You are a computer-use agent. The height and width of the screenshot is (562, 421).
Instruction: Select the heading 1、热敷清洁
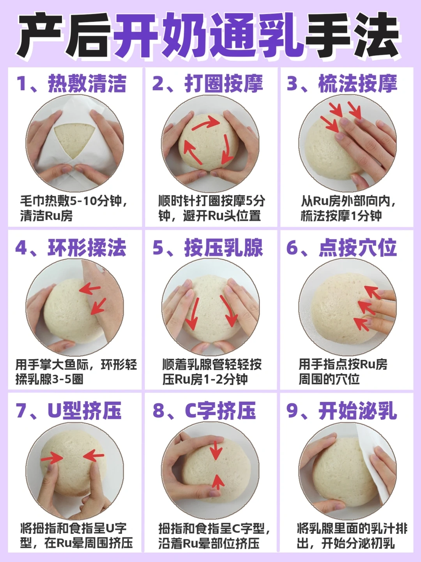[71, 84]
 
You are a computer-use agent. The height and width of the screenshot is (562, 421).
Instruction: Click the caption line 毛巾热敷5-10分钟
[74, 201]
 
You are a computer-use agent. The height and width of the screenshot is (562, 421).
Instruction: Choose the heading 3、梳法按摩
[342, 84]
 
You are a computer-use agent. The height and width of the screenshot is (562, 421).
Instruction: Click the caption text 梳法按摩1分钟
[341, 216]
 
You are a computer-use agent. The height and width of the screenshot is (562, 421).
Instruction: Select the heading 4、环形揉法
[71, 248]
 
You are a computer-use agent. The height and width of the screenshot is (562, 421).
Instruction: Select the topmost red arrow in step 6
[372, 292]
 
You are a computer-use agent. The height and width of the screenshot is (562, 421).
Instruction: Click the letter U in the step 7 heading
[55, 411]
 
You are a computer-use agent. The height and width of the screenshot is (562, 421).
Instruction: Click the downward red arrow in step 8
[216, 451]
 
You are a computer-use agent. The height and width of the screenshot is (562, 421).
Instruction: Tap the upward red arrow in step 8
[218, 481]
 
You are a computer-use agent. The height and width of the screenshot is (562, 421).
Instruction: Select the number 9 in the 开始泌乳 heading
[292, 411]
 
